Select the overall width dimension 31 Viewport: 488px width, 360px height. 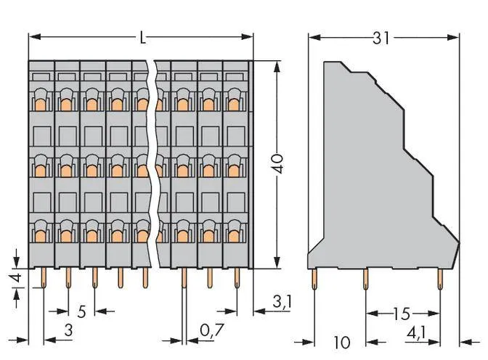[x=382, y=38]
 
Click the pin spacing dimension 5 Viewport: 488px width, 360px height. [x=81, y=312]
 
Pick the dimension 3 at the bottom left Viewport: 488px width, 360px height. [x=68, y=332]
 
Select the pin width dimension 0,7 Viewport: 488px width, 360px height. [x=211, y=332]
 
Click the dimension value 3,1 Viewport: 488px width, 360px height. [x=281, y=301]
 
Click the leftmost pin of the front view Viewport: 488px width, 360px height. [x=42, y=277]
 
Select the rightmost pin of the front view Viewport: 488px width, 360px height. [x=235, y=277]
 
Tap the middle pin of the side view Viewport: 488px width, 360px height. [x=366, y=277]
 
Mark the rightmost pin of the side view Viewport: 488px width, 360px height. [x=440, y=277]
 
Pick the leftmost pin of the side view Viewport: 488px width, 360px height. [x=314, y=277]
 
